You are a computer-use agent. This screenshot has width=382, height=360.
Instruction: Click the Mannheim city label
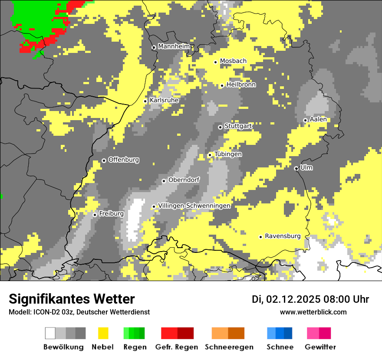174,46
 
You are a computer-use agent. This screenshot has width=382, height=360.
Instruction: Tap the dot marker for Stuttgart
220,127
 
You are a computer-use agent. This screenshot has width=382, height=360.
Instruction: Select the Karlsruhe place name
164,100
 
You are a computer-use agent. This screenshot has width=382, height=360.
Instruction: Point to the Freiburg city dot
95,215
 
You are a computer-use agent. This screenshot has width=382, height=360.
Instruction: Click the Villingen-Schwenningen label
194,206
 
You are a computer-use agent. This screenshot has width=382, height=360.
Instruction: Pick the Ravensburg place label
283,236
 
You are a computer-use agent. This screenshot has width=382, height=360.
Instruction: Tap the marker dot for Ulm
296,168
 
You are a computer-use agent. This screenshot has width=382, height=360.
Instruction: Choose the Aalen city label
318,119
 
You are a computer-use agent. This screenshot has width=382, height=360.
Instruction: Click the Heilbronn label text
241,85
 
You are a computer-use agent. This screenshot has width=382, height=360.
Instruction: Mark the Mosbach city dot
215,62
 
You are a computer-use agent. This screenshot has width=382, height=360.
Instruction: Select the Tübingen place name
228,154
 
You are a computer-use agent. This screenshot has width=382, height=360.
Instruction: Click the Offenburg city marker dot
104,160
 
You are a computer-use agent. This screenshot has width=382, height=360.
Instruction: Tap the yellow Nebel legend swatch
103,333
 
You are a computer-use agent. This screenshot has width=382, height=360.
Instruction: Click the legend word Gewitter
320,347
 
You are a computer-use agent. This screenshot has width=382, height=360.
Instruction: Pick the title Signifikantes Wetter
72,299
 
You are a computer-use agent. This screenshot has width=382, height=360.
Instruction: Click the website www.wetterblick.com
313,312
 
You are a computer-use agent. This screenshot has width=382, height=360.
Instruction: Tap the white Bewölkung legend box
50,333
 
